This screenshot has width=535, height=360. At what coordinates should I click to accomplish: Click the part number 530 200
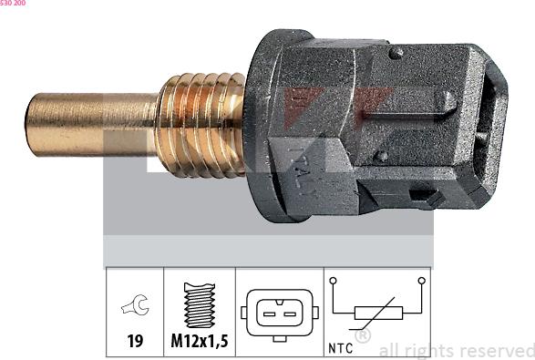[x=13, y=4]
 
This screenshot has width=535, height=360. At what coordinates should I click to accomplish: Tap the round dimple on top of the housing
[x=395, y=54]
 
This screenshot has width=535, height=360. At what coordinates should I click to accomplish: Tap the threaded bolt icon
[x=198, y=305]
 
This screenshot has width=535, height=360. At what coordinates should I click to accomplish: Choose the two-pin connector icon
[x=278, y=313]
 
